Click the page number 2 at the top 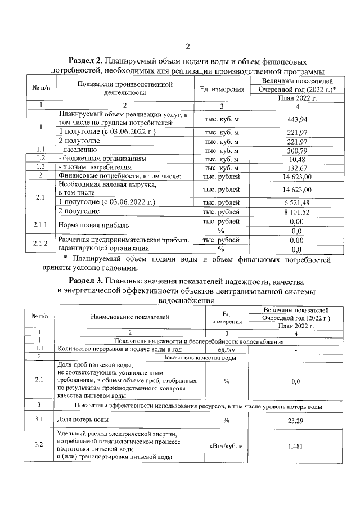[188, 46]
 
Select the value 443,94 [295, 119]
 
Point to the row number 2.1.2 [40, 244]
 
